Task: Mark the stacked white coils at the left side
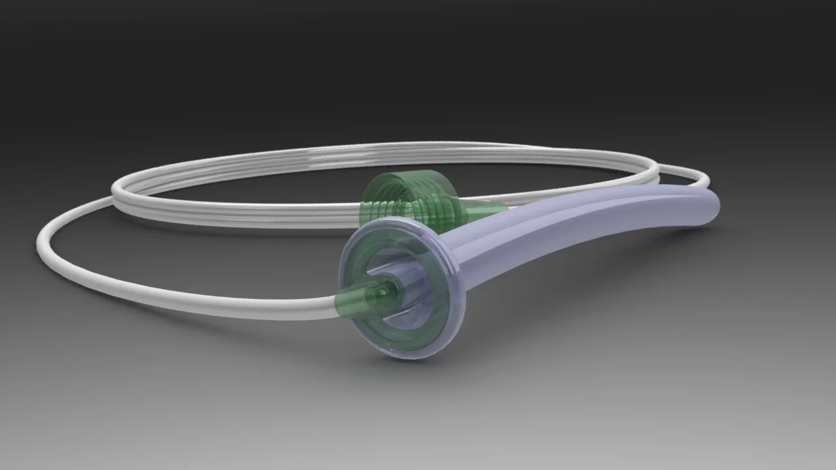124,193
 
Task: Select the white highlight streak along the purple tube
588,209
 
